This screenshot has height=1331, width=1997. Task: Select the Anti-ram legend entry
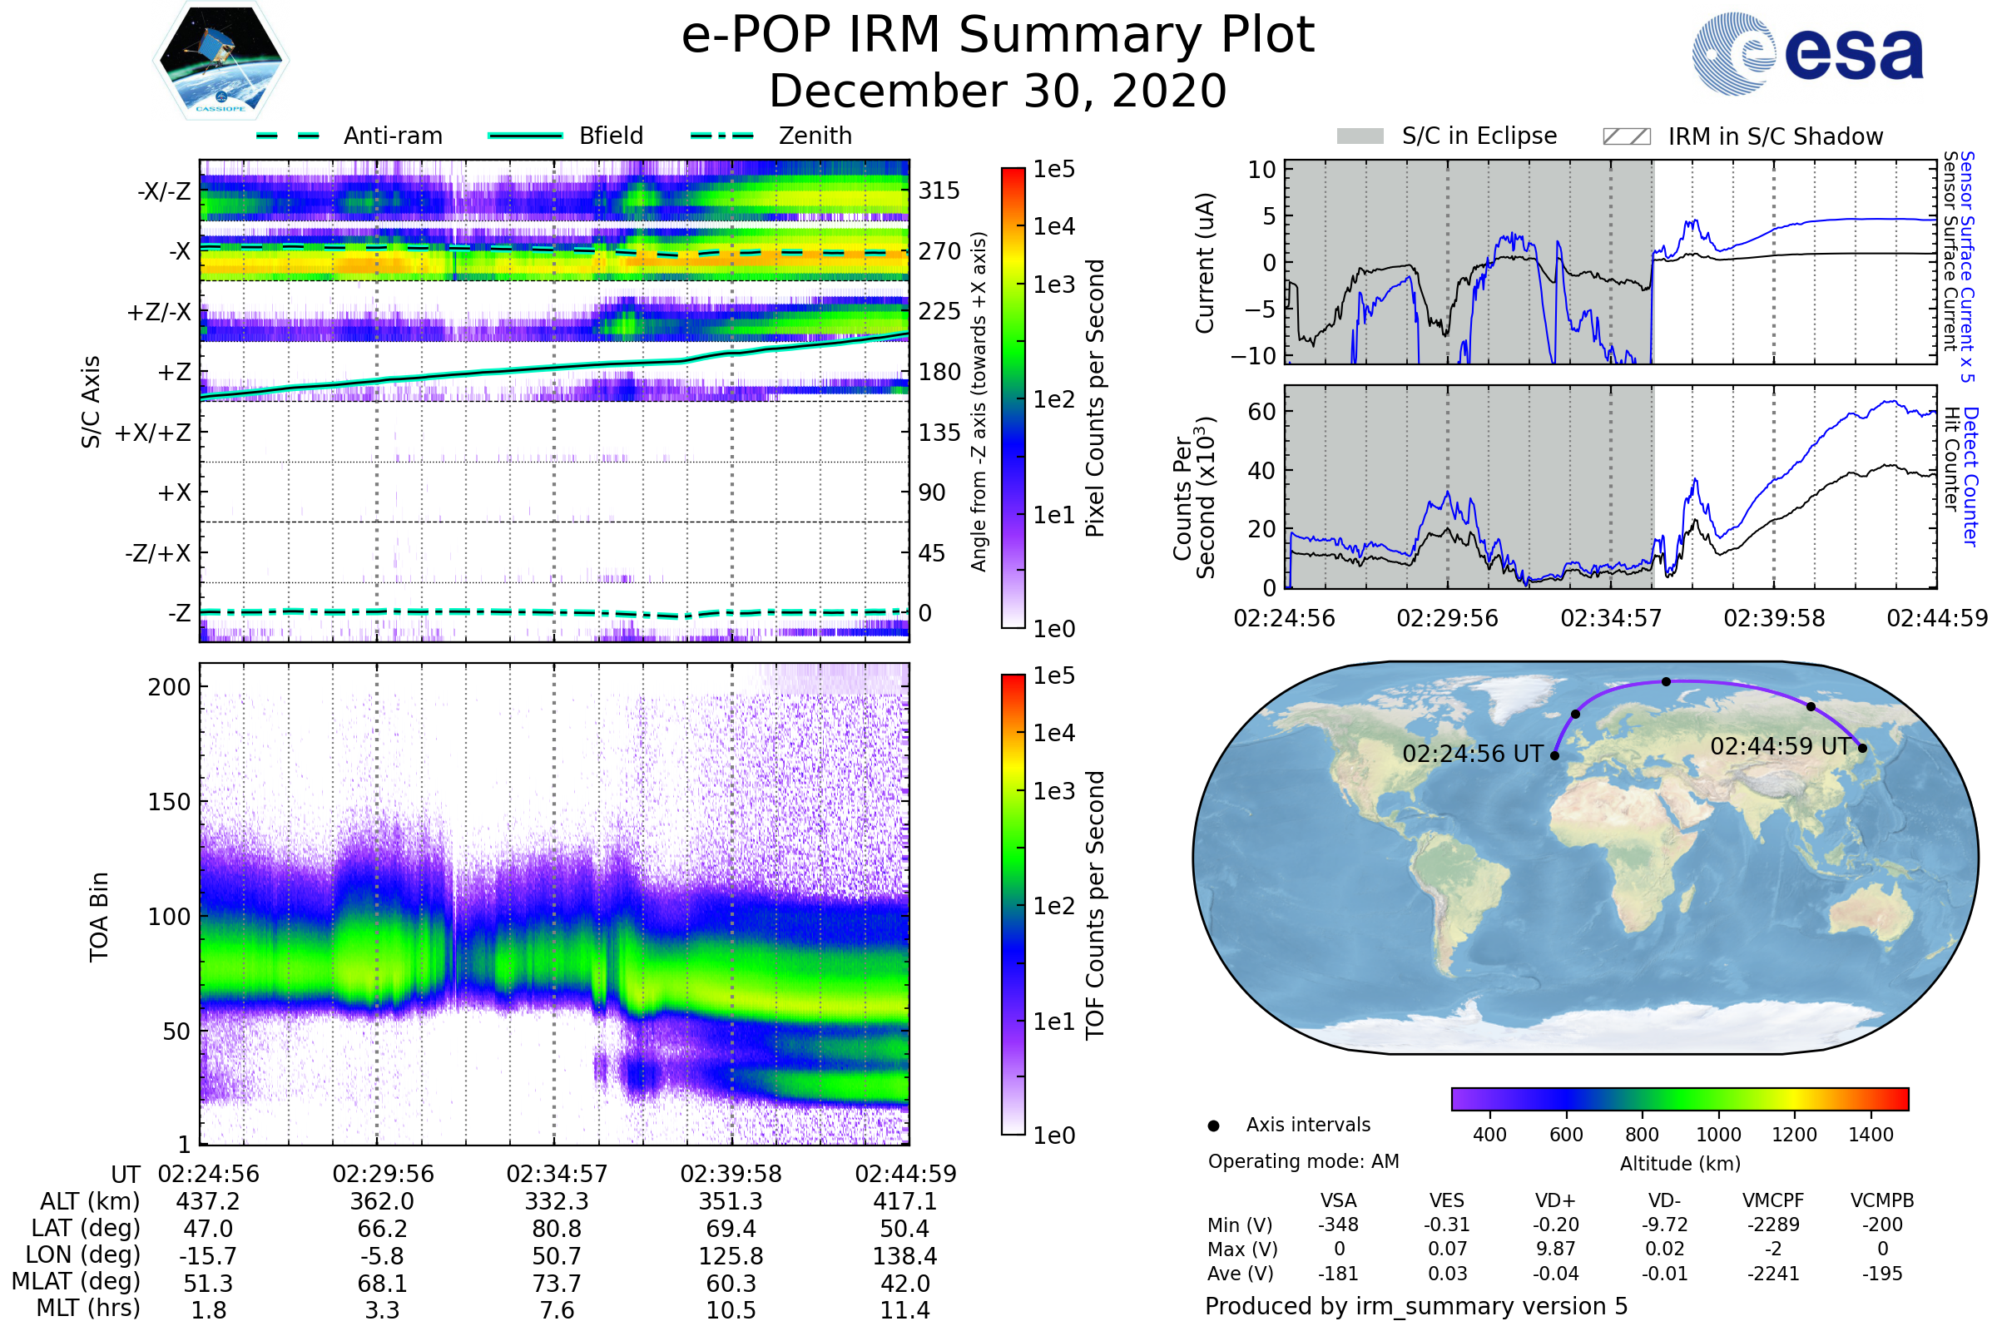coord(392,136)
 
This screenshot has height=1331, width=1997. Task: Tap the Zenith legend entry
coord(815,136)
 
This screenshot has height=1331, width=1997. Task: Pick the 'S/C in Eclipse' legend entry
coord(1479,136)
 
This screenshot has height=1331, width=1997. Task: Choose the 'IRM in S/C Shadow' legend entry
coord(1775,136)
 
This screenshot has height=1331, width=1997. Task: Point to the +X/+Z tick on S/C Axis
coord(153,433)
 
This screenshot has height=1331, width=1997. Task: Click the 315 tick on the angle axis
coord(939,190)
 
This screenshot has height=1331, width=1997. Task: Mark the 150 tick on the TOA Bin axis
coord(169,802)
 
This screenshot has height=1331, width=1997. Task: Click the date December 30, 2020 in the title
coord(998,91)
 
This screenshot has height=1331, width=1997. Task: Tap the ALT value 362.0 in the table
coord(382,1202)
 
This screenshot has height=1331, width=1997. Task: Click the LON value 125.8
coord(731,1256)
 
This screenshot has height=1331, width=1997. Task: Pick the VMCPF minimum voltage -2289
coord(1773,1225)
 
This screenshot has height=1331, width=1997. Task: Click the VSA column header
coord(1338,1201)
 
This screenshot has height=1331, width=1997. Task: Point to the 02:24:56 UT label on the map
coord(1472,754)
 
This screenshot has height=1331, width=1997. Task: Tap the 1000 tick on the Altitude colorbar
coord(1718,1135)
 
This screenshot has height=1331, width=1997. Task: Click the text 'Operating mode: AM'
coord(1303,1161)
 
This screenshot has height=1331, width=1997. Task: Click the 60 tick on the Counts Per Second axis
coord(1261,412)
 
